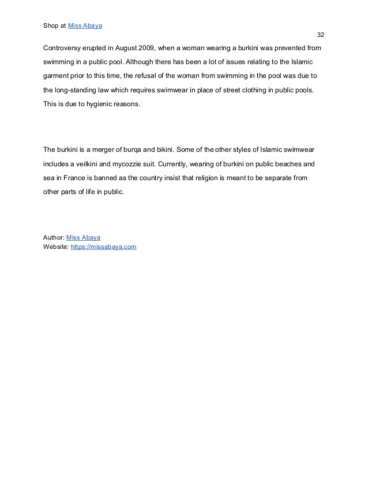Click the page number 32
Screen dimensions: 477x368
pyautogui.click(x=321, y=35)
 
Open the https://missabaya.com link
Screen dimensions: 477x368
pyautogui.click(x=103, y=247)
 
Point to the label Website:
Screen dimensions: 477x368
pyautogui.click(x=56, y=247)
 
